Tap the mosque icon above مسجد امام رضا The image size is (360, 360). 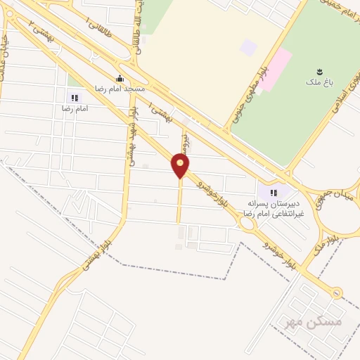tap(120, 79)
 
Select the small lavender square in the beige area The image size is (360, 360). tap(248, 47)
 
